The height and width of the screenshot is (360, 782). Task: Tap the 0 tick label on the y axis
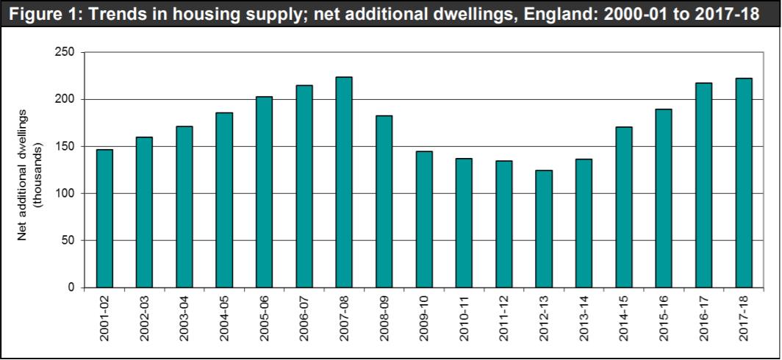[x=71, y=287]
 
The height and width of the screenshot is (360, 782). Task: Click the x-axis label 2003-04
[x=184, y=320]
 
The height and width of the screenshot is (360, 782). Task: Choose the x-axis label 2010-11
[x=464, y=320]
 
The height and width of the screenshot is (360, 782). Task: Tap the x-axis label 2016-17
[x=704, y=320]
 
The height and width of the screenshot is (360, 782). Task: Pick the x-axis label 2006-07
[x=304, y=320]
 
